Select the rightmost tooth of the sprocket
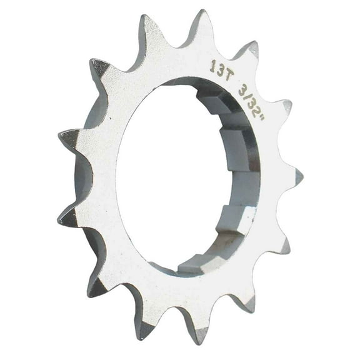[299, 177]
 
